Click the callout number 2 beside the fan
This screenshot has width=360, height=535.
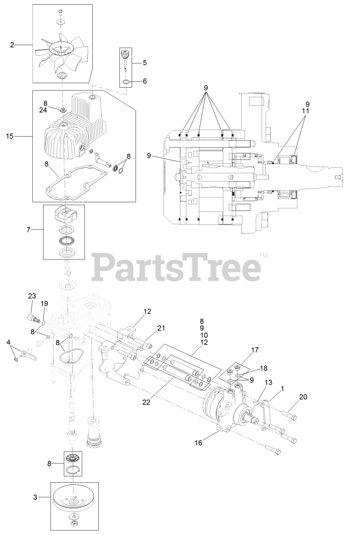(x=12, y=44)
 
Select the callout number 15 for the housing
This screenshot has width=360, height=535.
(x=10, y=136)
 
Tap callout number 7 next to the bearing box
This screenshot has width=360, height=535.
(x=28, y=229)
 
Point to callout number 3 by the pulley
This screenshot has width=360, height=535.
(x=35, y=497)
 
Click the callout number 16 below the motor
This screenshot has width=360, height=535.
(x=198, y=442)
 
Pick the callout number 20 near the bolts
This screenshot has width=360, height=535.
(x=303, y=397)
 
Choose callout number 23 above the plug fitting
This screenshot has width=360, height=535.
(x=32, y=296)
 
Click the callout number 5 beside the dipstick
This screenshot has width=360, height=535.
(x=145, y=63)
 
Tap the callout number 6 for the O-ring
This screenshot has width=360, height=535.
(x=145, y=81)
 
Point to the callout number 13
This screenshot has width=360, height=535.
(x=268, y=382)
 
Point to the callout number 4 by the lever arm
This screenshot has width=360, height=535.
(x=8, y=343)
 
